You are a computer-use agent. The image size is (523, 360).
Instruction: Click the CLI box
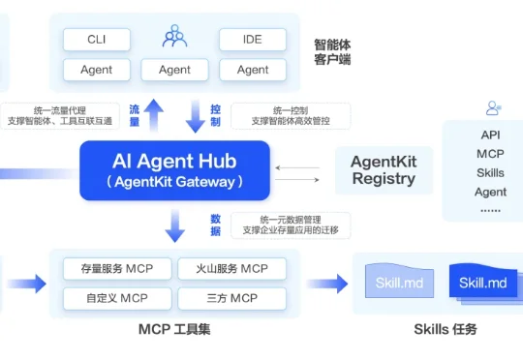[96, 40]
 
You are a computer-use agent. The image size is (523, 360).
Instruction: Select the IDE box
[253, 40]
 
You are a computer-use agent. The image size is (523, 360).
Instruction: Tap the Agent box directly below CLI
[96, 70]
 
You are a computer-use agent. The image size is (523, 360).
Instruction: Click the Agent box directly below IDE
[253, 70]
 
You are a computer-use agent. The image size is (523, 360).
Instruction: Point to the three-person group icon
[174, 38]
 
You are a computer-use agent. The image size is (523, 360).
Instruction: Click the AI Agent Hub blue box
[174, 169]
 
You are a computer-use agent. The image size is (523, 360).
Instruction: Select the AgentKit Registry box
[384, 170]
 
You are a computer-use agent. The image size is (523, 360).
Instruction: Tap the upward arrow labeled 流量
[156, 116]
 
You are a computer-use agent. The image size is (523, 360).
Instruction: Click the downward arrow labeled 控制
[195, 116]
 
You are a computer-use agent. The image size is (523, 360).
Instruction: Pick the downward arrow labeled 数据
[174, 225]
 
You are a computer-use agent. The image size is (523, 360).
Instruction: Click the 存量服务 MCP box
[117, 268]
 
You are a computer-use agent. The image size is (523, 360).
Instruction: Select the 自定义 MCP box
[117, 297]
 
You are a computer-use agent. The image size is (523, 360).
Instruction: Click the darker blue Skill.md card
[483, 283]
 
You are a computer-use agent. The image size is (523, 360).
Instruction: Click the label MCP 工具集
[174, 330]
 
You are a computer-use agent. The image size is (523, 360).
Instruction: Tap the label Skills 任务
[445, 330]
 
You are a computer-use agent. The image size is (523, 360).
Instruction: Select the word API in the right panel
[490, 135]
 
